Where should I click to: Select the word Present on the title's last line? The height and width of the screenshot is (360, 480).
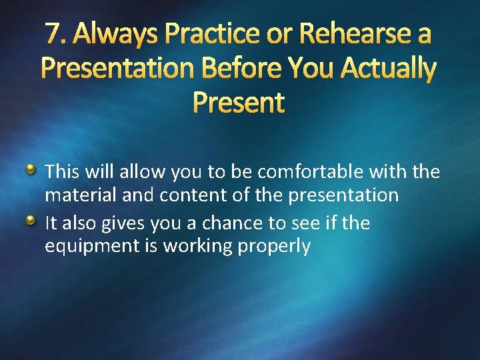pos(238,102)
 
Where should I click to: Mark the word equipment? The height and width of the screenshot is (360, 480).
pos(91,247)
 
